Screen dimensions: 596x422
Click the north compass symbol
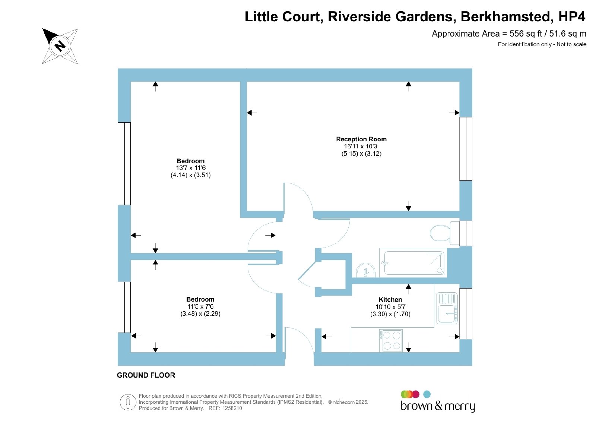[60, 46]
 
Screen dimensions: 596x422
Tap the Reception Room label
[361, 139]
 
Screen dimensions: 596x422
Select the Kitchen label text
[390, 299]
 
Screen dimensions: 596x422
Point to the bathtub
[413, 263]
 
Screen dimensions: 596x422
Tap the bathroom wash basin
[365, 270]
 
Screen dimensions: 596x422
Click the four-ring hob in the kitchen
[391, 340]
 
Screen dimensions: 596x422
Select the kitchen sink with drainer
[447, 308]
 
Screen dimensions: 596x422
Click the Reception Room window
[466, 149]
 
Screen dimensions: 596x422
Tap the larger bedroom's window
[124, 164]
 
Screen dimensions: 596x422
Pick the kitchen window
[466, 314]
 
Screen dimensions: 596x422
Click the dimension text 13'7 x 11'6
[191, 168]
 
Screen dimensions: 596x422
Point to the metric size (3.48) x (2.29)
[200, 314]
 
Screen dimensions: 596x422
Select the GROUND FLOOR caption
[146, 375]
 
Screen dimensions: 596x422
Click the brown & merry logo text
[437, 406]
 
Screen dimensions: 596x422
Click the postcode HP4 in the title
[572, 16]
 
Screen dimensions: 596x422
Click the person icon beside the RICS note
[128, 402]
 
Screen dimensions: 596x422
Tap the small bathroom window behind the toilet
[466, 233]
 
